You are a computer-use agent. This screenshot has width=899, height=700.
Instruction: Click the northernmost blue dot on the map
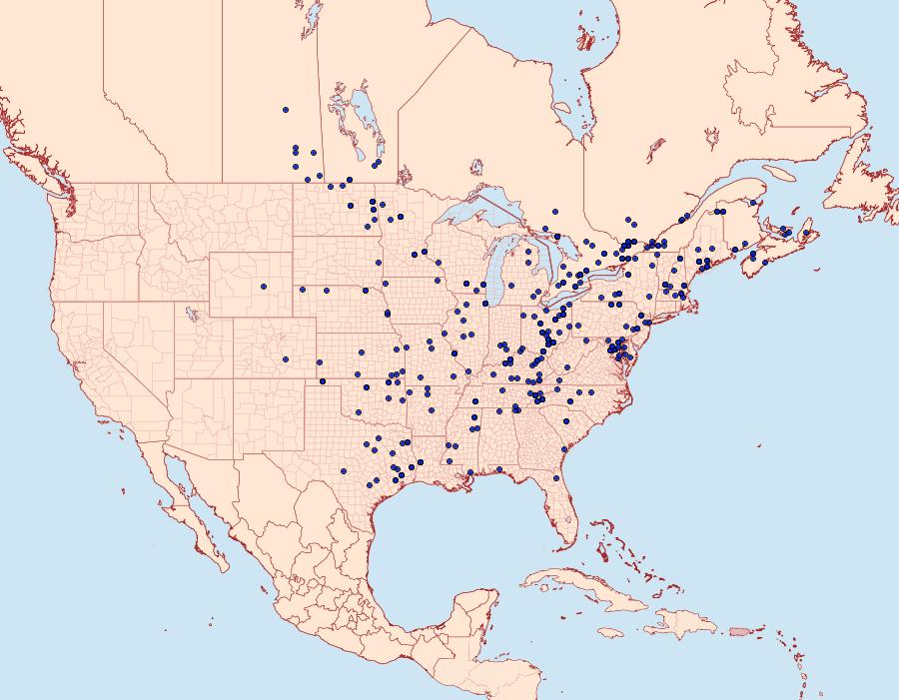[286, 110]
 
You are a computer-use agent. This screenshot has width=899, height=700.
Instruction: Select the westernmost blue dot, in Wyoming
[264, 287]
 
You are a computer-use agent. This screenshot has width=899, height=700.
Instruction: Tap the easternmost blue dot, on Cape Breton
[806, 233]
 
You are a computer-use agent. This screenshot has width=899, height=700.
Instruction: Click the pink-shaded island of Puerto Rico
[740, 630]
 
